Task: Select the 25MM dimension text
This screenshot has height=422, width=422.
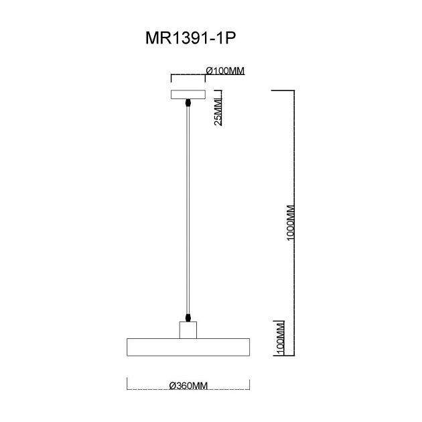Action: [218, 109]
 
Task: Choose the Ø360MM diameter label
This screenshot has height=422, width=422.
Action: [188, 386]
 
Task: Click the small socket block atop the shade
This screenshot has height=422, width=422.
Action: [188, 330]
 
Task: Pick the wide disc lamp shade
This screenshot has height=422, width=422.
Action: [188, 347]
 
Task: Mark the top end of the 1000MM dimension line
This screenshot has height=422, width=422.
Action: [293, 90]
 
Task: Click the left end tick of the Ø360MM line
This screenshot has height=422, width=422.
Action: [127, 384]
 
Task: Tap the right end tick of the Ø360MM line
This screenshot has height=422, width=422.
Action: [250, 384]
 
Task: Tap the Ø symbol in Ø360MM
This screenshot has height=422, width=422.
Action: [172, 386]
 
